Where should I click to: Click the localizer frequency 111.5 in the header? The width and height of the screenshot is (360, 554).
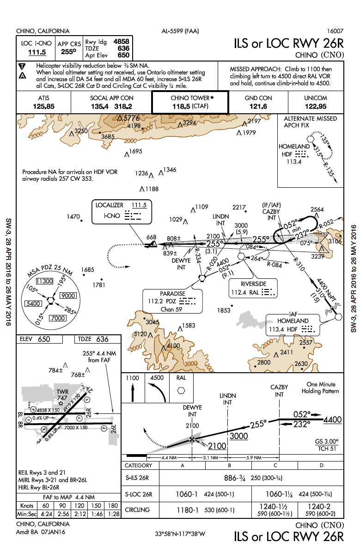coord(37,52)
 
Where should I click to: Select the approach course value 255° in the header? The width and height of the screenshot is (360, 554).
coord(69,52)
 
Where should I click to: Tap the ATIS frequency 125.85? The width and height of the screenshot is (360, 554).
coord(43,106)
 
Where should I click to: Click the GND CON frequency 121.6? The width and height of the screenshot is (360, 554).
coord(258,106)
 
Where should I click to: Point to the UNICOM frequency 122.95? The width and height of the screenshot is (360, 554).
coord(316,106)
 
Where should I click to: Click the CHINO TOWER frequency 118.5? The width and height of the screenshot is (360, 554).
coord(182,106)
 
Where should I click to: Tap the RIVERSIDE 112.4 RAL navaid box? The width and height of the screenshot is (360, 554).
coord(253,288)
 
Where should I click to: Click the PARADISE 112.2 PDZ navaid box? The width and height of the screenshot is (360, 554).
coord(172,302)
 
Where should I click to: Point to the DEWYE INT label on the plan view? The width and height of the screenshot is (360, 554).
coord(181,264)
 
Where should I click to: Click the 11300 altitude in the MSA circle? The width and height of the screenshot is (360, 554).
coord(44,281)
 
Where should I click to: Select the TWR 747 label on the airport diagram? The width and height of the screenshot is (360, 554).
coord(62,394)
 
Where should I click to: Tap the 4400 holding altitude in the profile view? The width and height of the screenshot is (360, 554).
coord(332,419)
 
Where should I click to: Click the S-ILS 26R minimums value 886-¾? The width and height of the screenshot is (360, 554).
coord(235,478)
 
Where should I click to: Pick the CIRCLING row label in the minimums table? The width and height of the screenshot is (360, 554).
coord(137,510)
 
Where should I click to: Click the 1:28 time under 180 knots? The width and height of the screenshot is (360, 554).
coord(113,514)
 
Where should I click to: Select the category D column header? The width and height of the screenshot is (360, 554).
coord(321,465)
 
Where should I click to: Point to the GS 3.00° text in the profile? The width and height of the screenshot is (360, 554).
coord(326,441)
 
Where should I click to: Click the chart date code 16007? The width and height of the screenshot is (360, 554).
coord(335,31)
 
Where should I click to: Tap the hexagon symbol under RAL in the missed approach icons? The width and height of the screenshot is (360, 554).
coord(181,391)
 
